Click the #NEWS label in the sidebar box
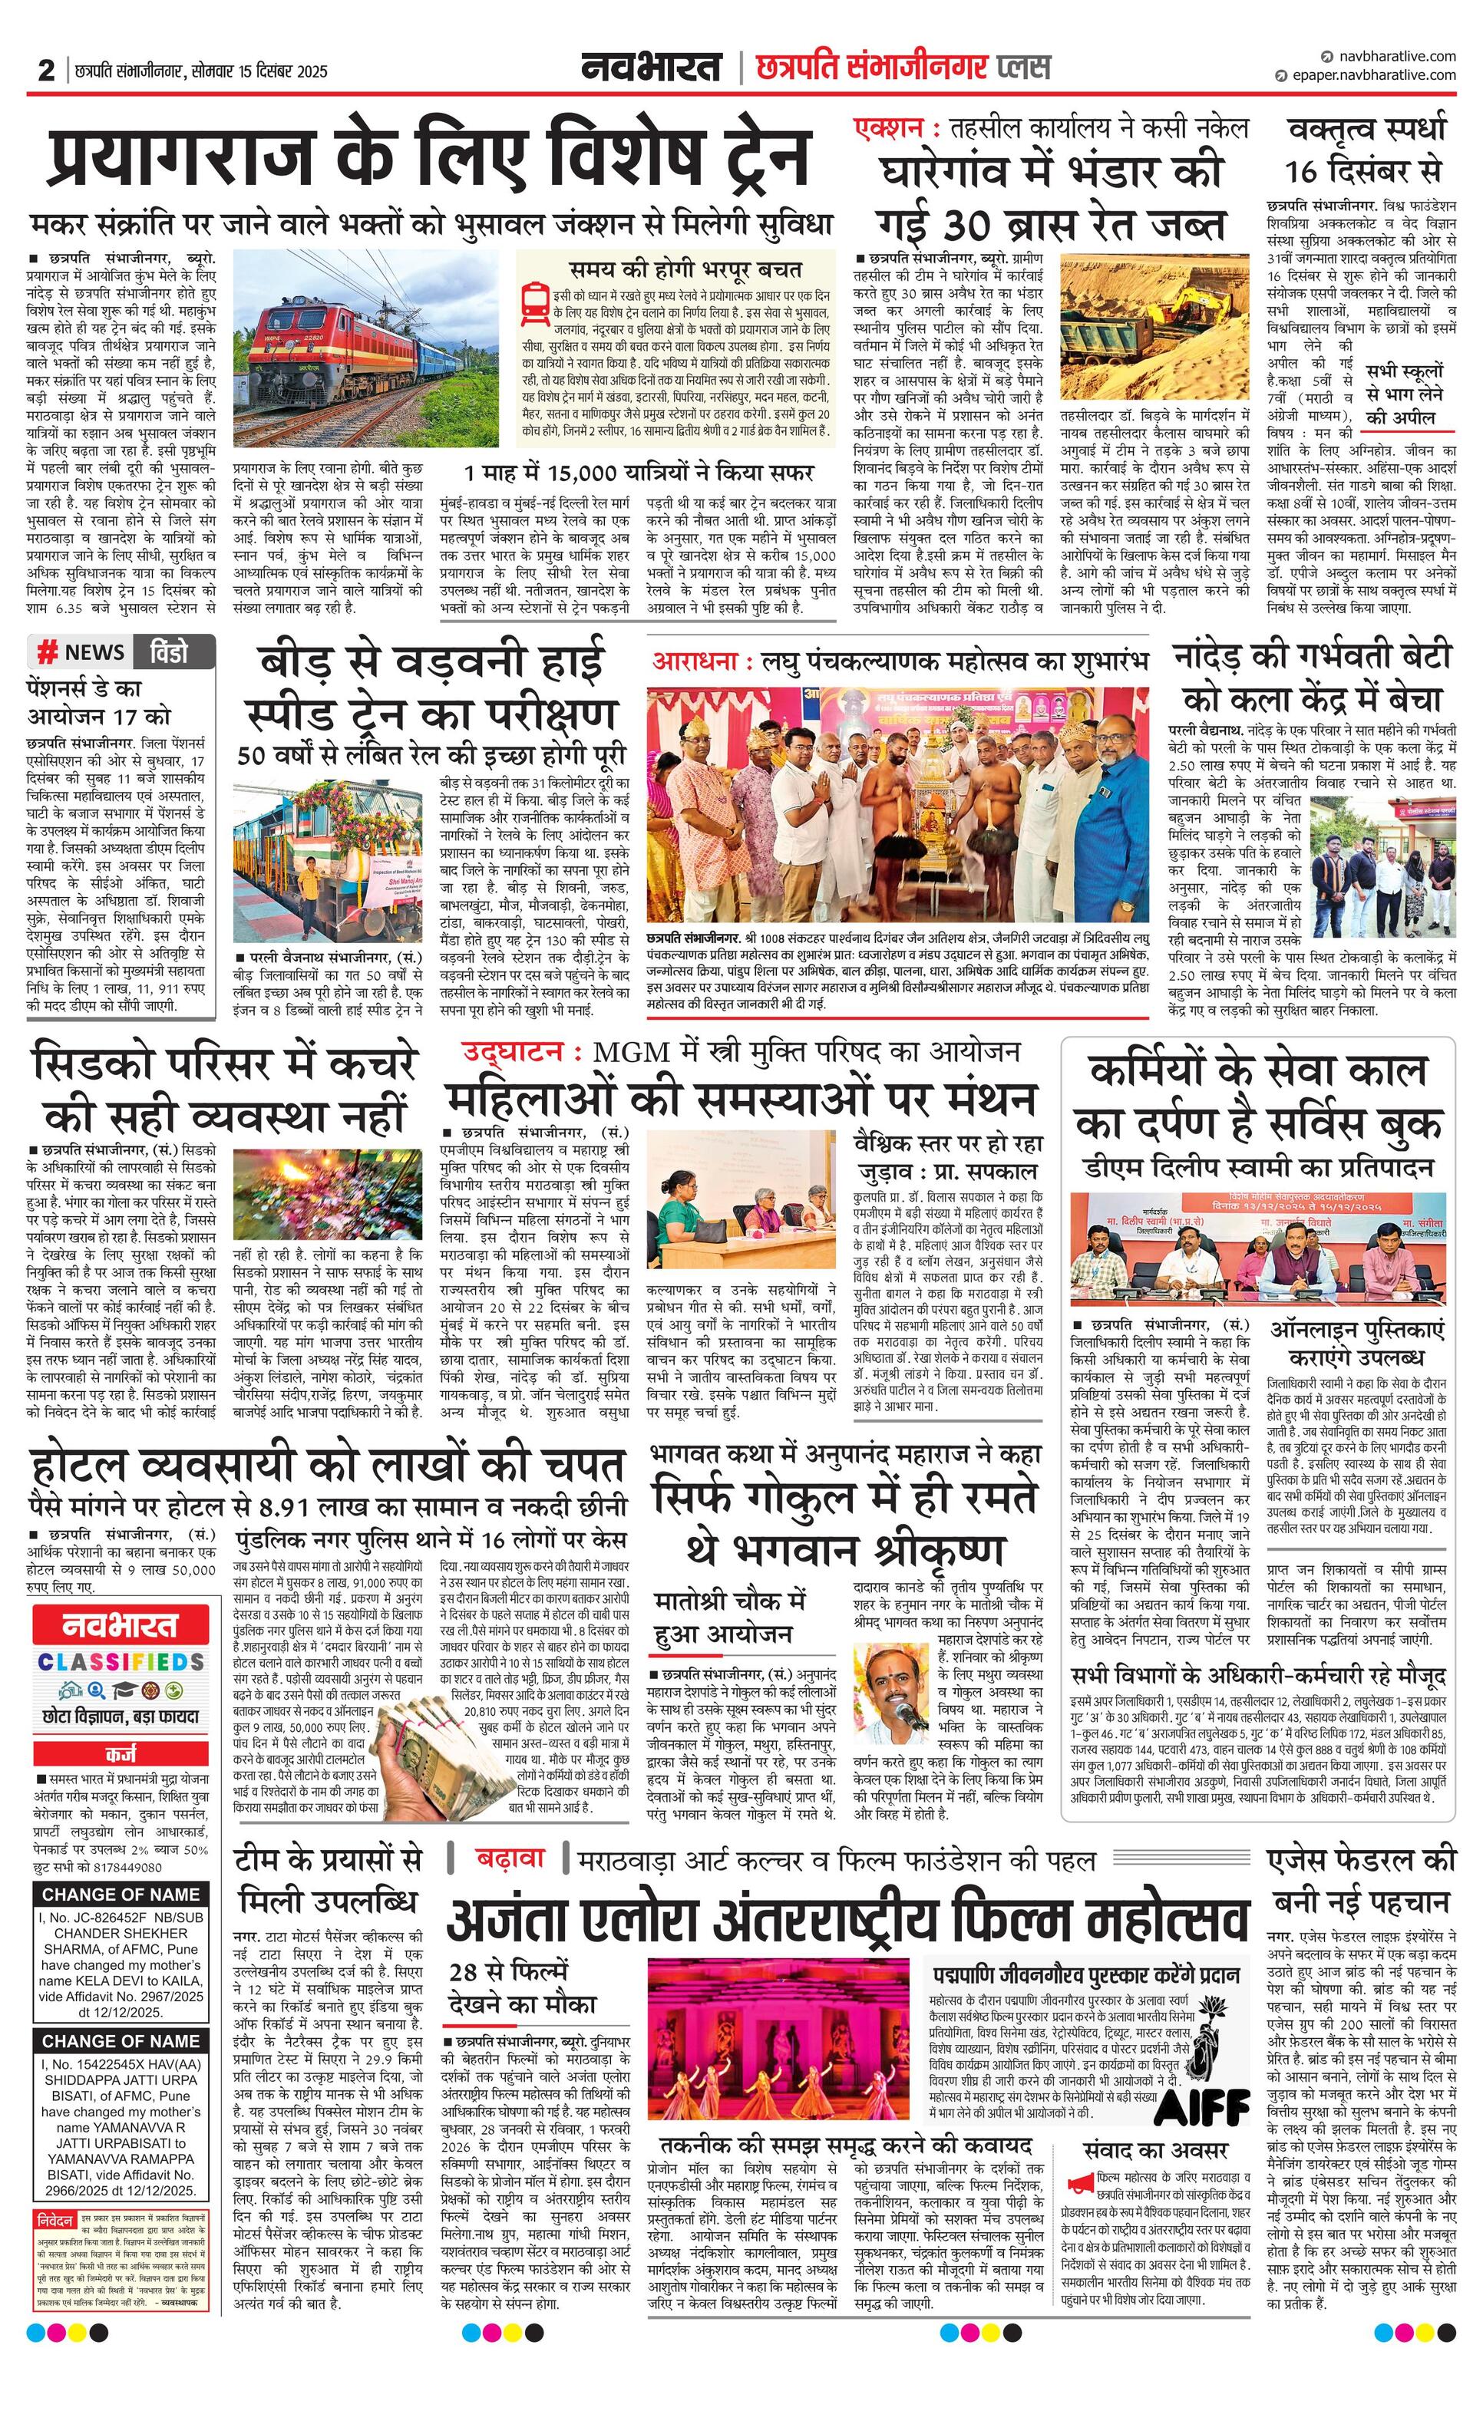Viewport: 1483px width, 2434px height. coord(82,652)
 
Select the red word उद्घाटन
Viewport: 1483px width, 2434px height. coord(520,1053)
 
